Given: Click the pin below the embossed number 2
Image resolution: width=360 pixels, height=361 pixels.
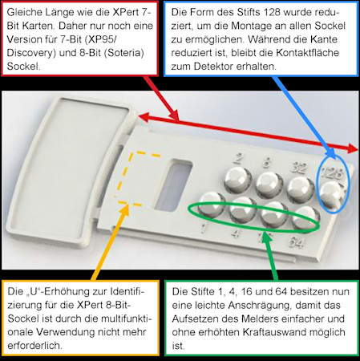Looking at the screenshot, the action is [238, 180].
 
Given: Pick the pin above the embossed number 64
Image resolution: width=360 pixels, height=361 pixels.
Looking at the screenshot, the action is [306, 219].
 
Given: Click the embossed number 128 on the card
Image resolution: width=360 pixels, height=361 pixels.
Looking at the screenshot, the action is [331, 172].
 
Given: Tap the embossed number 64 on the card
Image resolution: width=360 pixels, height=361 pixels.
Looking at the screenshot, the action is [296, 242].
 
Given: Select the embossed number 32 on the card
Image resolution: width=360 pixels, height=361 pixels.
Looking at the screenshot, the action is [298, 168].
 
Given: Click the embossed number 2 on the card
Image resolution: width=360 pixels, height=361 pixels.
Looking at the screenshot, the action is [237, 159].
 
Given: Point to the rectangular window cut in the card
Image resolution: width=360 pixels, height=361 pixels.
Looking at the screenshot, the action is [174, 185].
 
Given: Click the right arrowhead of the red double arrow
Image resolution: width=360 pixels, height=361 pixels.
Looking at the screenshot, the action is [352, 148].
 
